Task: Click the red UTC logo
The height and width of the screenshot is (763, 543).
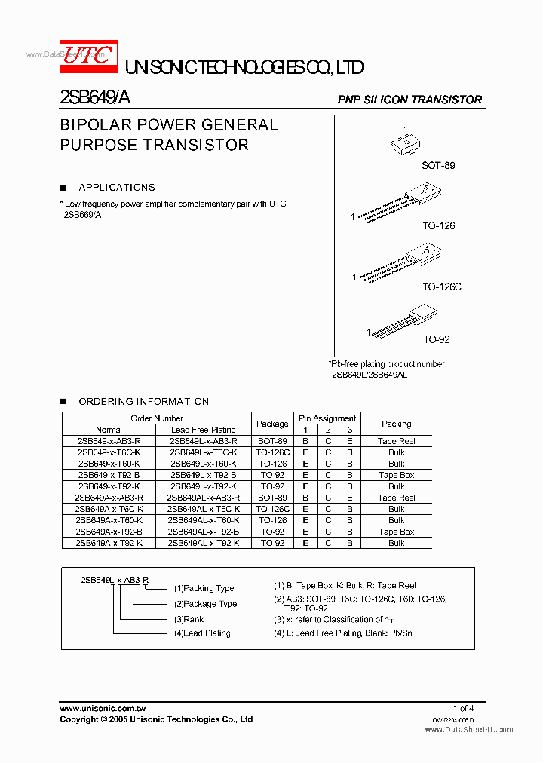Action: click(88, 57)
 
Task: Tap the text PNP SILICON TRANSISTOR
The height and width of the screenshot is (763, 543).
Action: click(410, 100)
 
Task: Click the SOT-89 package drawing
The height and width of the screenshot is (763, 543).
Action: click(406, 144)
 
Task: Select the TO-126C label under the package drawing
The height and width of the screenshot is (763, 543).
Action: click(441, 287)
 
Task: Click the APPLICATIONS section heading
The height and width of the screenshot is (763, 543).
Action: click(117, 188)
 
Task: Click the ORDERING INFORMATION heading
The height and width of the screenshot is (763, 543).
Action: click(143, 402)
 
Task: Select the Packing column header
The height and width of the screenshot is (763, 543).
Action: click(396, 424)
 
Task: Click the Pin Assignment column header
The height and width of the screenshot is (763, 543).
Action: click(327, 418)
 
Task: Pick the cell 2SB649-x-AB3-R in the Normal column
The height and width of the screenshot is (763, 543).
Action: click(109, 441)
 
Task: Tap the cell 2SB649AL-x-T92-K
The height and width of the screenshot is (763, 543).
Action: click(203, 543)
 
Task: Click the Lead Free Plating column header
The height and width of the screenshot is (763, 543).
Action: click(203, 430)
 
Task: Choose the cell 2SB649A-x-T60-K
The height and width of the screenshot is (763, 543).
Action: click(109, 520)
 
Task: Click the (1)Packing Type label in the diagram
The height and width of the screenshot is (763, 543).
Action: click(204, 588)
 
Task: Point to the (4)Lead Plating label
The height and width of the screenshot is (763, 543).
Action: click(202, 633)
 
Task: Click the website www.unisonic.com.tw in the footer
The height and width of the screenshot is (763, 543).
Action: click(103, 709)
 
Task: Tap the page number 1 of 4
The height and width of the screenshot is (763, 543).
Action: click(463, 708)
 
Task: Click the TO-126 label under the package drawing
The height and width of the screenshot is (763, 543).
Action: click(438, 225)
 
